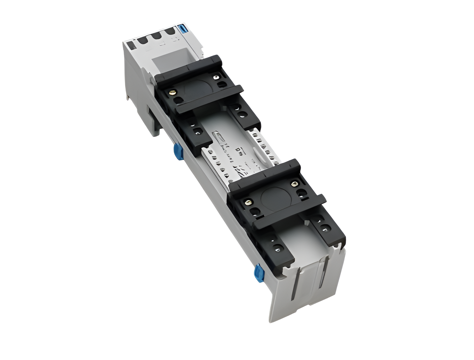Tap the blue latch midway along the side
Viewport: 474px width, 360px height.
pos(177,153)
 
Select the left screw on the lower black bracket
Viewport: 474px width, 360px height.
pos(248,203)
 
